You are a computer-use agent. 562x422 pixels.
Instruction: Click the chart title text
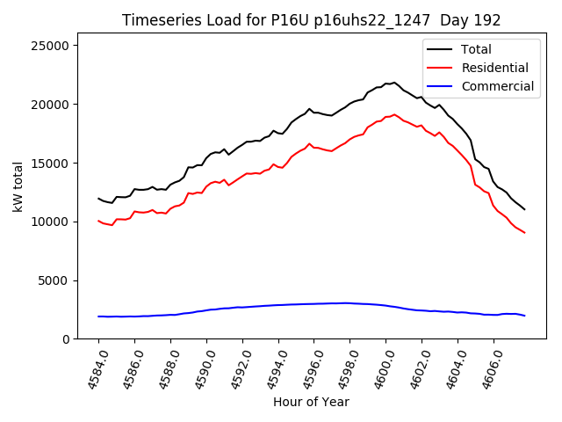coord(311,20)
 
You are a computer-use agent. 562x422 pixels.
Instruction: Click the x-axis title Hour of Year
coord(311,402)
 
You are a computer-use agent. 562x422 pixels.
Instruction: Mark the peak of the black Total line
coord(394,83)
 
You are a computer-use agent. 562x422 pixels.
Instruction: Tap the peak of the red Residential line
coord(394,114)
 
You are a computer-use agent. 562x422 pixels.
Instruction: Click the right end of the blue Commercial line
coord(524,316)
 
